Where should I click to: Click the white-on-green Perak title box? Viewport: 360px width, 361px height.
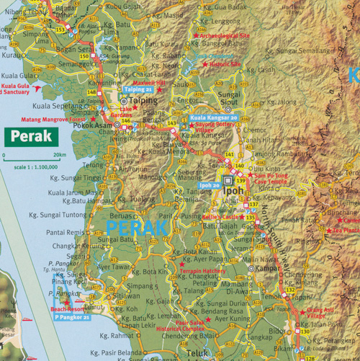pos(31,135)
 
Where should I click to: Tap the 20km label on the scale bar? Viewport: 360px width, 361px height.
pos(60,155)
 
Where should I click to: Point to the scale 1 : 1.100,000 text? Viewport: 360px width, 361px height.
pos(30,166)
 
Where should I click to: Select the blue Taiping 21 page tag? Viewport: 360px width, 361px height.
pos(138,90)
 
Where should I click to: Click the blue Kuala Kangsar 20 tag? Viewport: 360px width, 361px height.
pos(214,117)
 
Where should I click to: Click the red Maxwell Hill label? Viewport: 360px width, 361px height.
pos(150,83)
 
